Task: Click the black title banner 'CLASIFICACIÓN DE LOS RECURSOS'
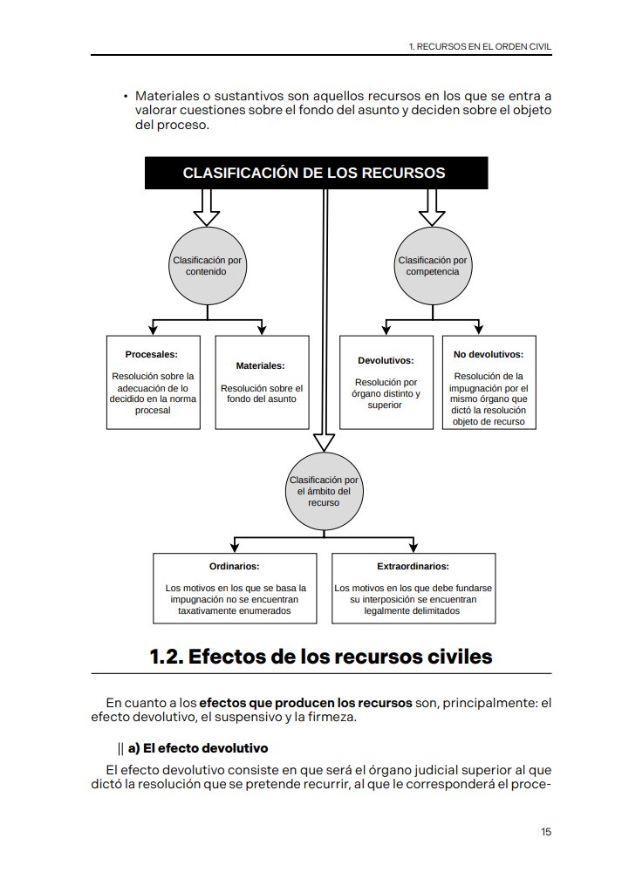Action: [x=317, y=173]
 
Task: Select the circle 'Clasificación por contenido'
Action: [x=208, y=266]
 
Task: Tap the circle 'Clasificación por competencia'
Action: [x=433, y=266]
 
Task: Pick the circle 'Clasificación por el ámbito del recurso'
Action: [x=325, y=491]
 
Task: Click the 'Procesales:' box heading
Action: [x=152, y=354]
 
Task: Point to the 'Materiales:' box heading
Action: [x=260, y=365]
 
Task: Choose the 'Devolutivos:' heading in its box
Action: [x=386, y=360]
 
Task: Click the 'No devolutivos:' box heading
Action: [x=489, y=354]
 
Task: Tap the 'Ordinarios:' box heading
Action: [x=235, y=566]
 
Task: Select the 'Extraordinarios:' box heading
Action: [x=414, y=566]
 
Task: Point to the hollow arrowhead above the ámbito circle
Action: [x=325, y=443]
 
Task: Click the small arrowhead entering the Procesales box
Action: [x=154, y=330]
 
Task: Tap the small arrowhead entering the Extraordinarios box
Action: [x=414, y=548]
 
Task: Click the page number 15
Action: [x=546, y=832]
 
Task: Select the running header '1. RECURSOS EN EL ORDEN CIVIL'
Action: [x=480, y=47]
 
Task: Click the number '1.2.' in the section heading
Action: [x=167, y=657]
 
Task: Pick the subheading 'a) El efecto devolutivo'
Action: [x=198, y=748]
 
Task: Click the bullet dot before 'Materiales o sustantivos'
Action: [x=126, y=97]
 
